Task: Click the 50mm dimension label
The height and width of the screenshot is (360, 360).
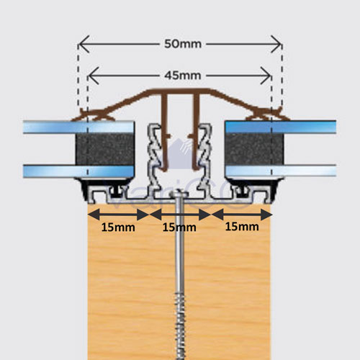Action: [x=183, y=44]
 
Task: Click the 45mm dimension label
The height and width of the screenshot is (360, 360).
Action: [x=183, y=76]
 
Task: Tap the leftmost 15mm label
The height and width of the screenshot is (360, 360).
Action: [x=118, y=228]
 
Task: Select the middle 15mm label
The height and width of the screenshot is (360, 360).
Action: [x=179, y=228]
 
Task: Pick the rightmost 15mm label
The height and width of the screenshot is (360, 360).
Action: [x=242, y=227]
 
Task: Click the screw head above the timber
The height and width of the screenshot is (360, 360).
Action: [x=179, y=194]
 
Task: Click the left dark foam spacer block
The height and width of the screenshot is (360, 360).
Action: [x=105, y=149]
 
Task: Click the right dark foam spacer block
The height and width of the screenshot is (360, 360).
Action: [x=254, y=149]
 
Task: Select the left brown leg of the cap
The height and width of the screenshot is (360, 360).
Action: [x=164, y=132]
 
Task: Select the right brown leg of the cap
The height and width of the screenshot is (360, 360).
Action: [x=196, y=132]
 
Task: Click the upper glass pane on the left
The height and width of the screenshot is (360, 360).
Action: [x=78, y=127]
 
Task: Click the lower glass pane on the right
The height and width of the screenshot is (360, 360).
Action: [x=281, y=171]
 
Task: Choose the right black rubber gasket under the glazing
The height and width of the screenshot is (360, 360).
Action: [x=255, y=187]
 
